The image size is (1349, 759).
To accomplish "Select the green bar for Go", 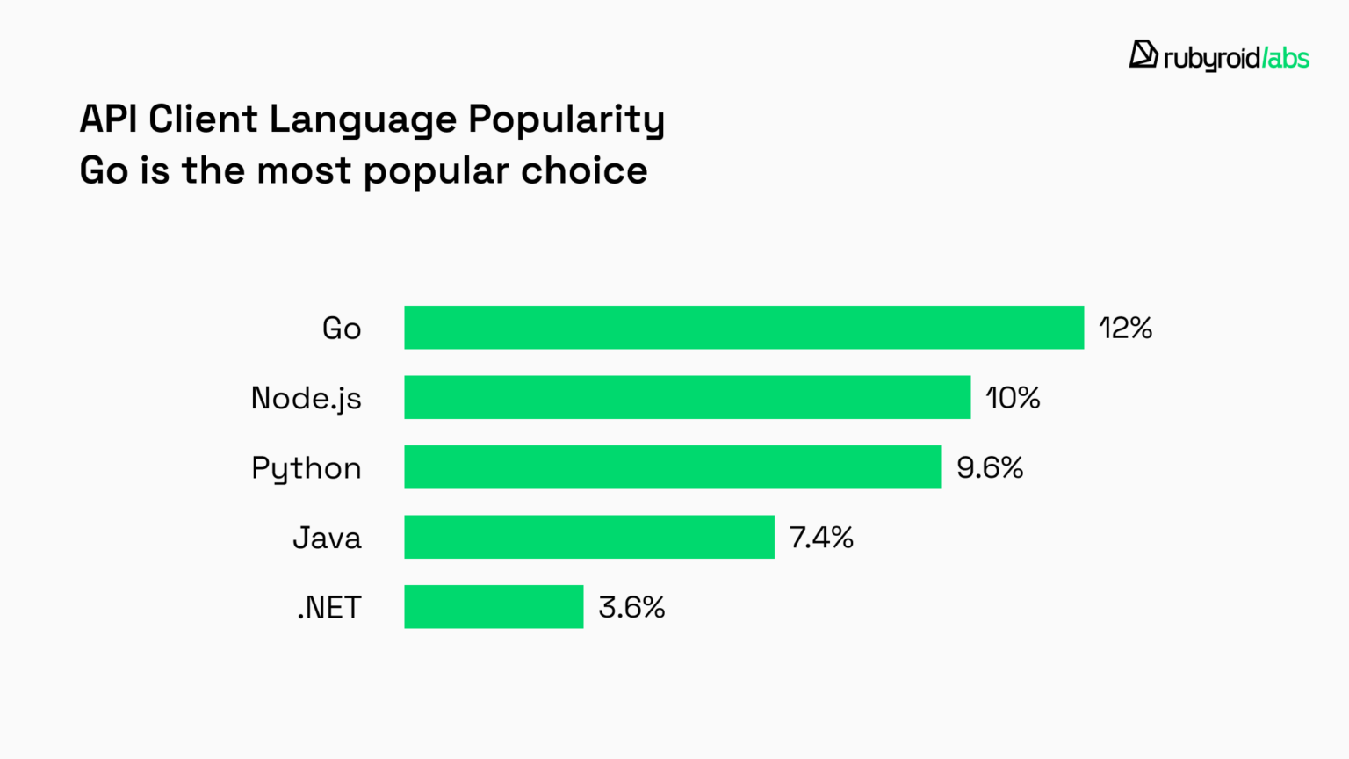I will pyautogui.click(x=744, y=328).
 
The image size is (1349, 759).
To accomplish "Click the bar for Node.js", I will pyautogui.click(x=687, y=397).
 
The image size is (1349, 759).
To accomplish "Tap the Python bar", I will pyautogui.click(x=673, y=467).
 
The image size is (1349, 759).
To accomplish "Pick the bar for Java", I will pyautogui.click(x=589, y=537).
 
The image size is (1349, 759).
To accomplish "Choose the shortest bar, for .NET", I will pyautogui.click(x=494, y=607).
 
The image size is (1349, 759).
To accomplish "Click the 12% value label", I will pyautogui.click(x=1125, y=329).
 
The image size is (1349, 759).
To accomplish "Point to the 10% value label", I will pyautogui.click(x=1013, y=398).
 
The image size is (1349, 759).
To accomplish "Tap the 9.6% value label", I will pyautogui.click(x=990, y=467).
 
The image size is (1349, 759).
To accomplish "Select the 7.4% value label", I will pyautogui.click(x=821, y=538).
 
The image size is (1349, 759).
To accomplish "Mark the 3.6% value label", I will pyautogui.click(x=631, y=607).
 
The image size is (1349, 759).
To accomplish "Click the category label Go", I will pyautogui.click(x=342, y=329).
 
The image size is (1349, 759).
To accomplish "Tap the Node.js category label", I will pyautogui.click(x=306, y=399).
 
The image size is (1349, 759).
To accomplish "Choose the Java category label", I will pyautogui.click(x=327, y=538).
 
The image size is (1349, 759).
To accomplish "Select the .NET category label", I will pyautogui.click(x=329, y=608).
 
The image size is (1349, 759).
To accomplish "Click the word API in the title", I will pyautogui.click(x=108, y=119).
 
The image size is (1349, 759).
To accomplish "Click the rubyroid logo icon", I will pyautogui.click(x=1143, y=54).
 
